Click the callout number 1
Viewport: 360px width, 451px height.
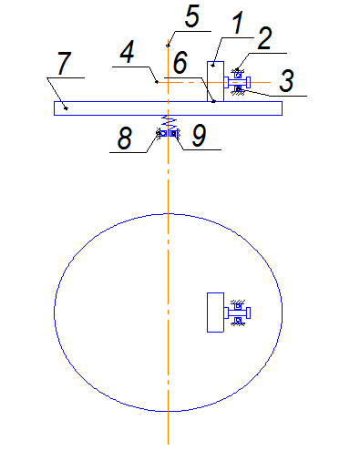click(238, 23)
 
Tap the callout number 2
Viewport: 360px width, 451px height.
click(265, 38)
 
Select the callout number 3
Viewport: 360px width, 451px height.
click(286, 80)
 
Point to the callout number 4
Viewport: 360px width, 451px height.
click(128, 52)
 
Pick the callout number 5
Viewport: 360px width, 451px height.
click(192, 15)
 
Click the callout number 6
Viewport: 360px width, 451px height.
click(180, 62)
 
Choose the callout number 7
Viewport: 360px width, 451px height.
click(65, 63)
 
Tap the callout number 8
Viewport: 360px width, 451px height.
click(125, 138)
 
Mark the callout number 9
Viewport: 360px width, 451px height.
click(200, 136)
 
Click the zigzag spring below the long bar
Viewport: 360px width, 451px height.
click(168, 122)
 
